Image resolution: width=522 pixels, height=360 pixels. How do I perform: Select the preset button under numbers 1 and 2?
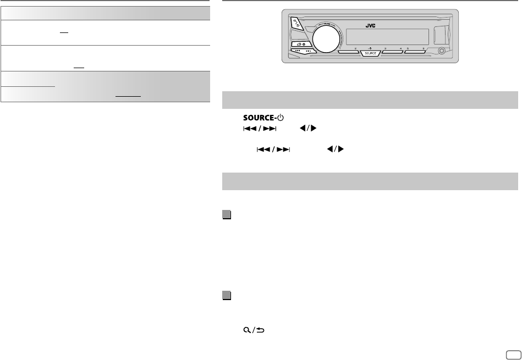pyautogui.click(x=348, y=53)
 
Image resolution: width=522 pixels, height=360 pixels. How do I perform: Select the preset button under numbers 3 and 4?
pyautogui.click(x=392, y=53)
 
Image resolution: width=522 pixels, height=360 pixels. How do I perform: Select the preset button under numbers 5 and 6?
pyautogui.click(x=415, y=53)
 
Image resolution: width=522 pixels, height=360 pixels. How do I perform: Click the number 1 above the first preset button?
pyautogui.click(x=341, y=48)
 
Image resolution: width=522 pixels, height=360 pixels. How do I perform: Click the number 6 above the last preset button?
pyautogui.click(x=423, y=48)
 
